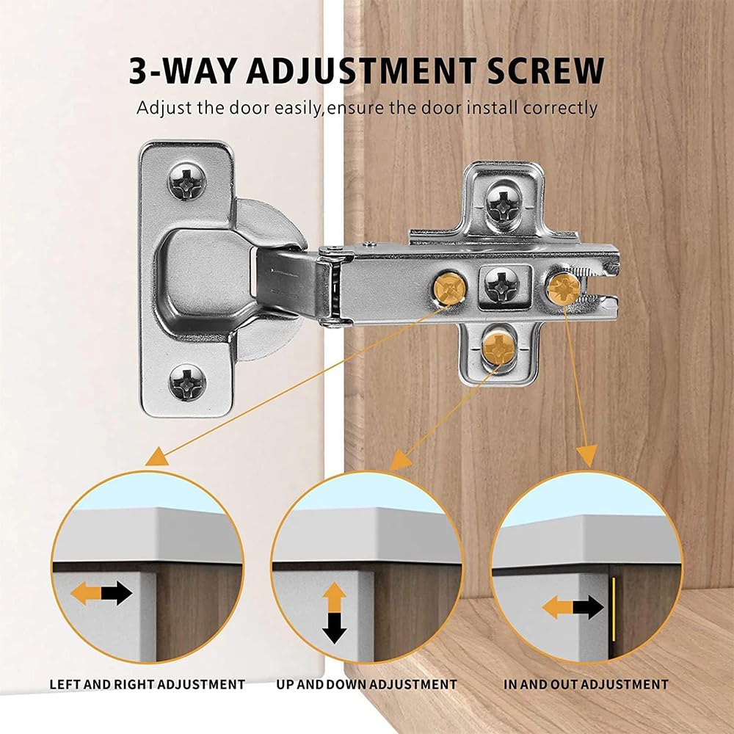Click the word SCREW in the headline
tap(545, 70)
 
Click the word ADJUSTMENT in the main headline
tap(361, 70)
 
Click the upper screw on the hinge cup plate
tap(186, 181)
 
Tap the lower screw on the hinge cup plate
tap(187, 382)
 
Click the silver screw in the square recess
tap(502, 284)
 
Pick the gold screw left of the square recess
tap(449, 286)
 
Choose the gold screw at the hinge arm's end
tap(564, 288)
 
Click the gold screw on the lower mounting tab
tap(498, 347)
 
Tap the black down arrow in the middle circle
tap(334, 628)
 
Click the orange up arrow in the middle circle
tap(334, 597)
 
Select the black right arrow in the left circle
tap(117, 593)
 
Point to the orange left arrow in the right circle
tap(558, 607)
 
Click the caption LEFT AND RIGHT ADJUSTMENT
tap(147, 684)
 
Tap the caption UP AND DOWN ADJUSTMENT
tap(366, 684)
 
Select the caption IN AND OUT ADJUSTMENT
tap(586, 684)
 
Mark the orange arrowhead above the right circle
tap(587, 456)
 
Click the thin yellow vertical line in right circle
tap(613, 608)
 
